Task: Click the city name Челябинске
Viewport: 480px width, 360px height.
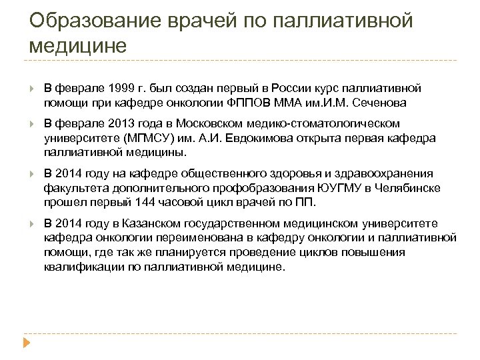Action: (408, 188)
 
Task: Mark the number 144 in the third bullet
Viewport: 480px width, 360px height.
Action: (146, 202)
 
